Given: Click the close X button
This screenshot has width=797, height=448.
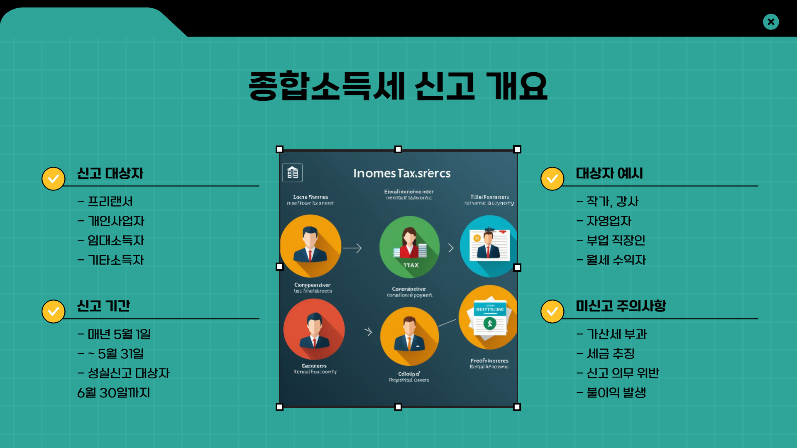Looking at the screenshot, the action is coord(771,22).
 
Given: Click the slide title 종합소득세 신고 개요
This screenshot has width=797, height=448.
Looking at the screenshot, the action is coord(398,86).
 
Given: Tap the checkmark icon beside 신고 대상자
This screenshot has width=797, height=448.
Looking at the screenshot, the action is coord(54,179).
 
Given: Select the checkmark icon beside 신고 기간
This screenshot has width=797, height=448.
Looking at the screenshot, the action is coord(54,312).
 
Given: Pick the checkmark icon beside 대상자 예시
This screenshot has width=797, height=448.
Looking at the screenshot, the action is coord(552,179).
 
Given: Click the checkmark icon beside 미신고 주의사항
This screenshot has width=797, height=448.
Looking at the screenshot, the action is coord(552,312).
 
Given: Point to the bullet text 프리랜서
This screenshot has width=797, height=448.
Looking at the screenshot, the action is coord(110,202).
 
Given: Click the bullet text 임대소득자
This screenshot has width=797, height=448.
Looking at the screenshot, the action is coord(116,241).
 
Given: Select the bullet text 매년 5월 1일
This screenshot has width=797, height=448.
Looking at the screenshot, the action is coord(119,334).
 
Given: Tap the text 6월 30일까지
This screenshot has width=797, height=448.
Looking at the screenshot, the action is coord(113,393).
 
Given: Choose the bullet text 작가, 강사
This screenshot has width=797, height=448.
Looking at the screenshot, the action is coord(612,202).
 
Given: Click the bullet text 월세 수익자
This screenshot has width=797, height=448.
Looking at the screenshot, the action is coord(616,260).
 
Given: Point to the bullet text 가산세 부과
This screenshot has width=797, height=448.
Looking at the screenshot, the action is coord(616,334).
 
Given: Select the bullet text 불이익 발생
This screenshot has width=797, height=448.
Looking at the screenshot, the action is coord(616,393).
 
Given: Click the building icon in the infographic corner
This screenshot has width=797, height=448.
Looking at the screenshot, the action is coord(293,173).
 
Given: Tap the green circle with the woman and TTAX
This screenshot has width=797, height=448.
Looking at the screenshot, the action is coord(409,247).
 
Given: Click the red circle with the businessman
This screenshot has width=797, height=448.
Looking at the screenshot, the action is coord(314,330).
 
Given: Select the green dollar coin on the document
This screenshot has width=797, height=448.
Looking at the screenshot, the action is coord(490,323).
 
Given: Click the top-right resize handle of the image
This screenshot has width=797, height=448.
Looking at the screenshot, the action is coord(517,149).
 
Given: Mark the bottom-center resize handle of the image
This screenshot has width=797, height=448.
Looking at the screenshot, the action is coord(398,407).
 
